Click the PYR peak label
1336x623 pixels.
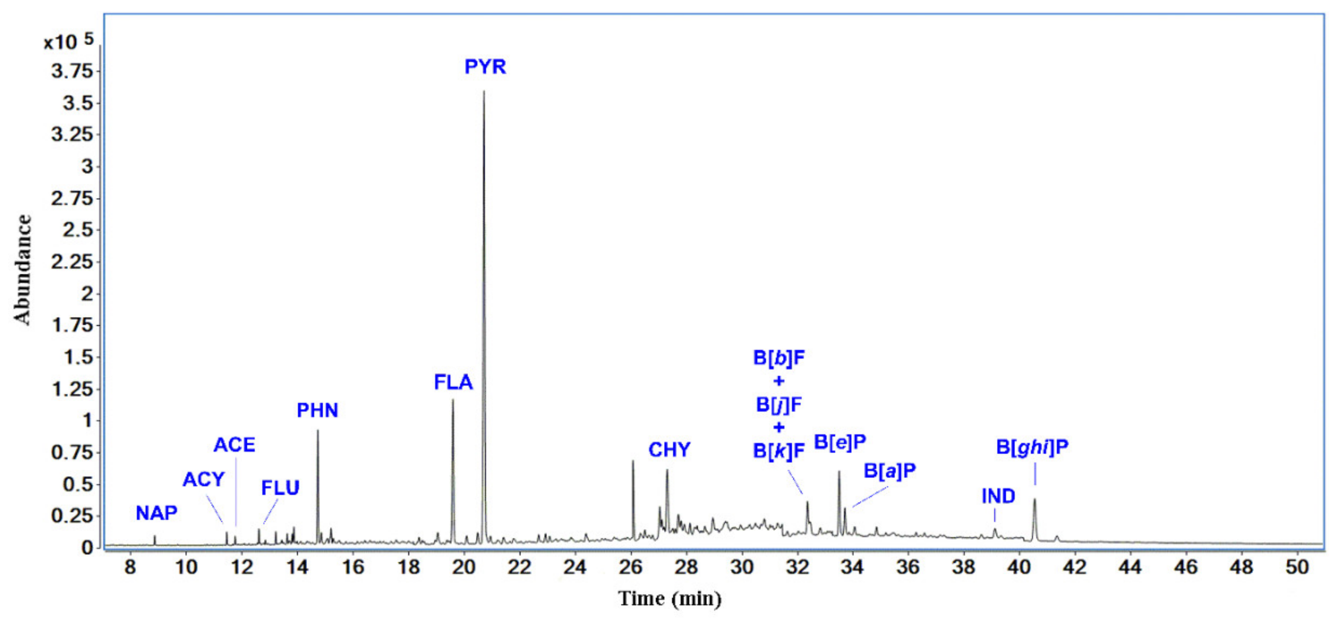click(x=485, y=67)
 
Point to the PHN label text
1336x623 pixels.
click(x=317, y=410)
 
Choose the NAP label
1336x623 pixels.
click(x=156, y=513)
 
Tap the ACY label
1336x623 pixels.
click(x=203, y=479)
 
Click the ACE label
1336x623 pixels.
click(x=234, y=445)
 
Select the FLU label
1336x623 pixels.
click(x=280, y=488)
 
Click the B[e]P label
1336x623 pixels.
click(x=840, y=442)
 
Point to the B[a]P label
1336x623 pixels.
click(x=889, y=471)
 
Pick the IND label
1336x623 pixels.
click(x=998, y=496)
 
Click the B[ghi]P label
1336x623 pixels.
click(x=1032, y=447)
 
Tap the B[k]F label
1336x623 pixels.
click(x=778, y=451)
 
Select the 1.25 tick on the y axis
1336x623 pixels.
click(x=72, y=389)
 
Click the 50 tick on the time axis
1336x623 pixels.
click(x=1297, y=567)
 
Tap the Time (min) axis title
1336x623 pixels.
click(x=670, y=599)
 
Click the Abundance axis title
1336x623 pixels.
click(x=23, y=270)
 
